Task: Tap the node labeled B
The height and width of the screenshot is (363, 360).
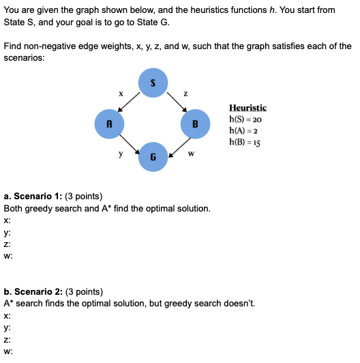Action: pyautogui.click(x=195, y=124)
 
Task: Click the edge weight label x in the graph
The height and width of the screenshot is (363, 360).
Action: pyautogui.click(x=121, y=93)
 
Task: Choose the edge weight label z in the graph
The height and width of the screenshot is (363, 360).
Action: pyautogui.click(x=185, y=93)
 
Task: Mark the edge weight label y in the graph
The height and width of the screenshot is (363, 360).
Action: pyautogui.click(x=121, y=154)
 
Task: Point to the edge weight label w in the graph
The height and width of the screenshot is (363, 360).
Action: pyautogui.click(x=191, y=154)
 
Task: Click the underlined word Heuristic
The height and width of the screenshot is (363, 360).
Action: pyautogui.click(x=248, y=108)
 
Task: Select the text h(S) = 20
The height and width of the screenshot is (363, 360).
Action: pyautogui.click(x=245, y=119)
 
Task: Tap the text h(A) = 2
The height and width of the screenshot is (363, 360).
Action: pyautogui.click(x=244, y=130)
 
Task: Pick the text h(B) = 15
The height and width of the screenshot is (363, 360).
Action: pyautogui.click(x=245, y=142)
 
